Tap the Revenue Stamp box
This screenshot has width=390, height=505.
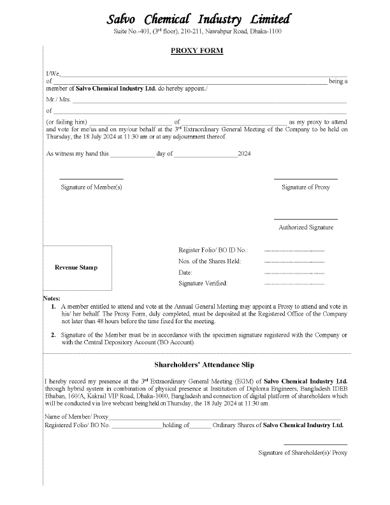point(77,268)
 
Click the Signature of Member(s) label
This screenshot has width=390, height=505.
point(91,187)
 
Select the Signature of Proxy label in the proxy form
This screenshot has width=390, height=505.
point(306,187)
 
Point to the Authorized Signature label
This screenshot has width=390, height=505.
point(305,228)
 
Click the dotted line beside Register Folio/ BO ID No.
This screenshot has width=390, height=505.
point(294,251)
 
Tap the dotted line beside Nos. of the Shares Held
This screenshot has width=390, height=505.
point(294,261)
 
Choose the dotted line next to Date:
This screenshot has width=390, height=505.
point(294,272)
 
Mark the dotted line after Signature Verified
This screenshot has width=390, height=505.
point(294,283)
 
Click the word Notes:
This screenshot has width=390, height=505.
point(51,298)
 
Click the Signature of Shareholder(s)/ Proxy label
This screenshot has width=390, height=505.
point(303,453)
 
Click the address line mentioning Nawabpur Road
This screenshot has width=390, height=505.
point(197,31)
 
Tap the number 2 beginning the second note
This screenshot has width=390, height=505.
point(53,335)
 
